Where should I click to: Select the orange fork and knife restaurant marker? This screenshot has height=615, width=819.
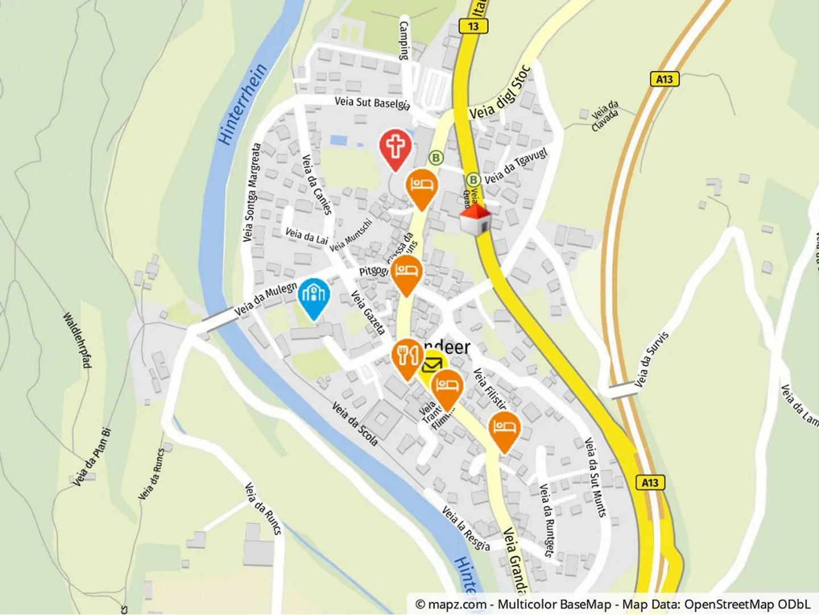pos(408,357)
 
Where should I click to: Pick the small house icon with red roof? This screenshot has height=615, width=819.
pos(475,220)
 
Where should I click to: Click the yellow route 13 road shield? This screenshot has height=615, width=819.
pos(473,26)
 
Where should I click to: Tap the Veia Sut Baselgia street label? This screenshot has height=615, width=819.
pos(372,102)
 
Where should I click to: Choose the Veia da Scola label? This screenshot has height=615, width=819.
pos(355,423)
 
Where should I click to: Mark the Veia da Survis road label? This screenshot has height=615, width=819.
pos(651,360)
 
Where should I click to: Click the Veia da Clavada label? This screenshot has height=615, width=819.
pos(605,116)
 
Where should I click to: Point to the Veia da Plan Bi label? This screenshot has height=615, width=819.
pos(92,456)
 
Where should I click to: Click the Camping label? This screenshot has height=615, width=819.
pos(404,40)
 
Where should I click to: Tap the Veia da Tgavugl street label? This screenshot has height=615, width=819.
pos(516,165)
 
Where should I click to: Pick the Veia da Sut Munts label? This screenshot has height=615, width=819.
pos(595,476)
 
